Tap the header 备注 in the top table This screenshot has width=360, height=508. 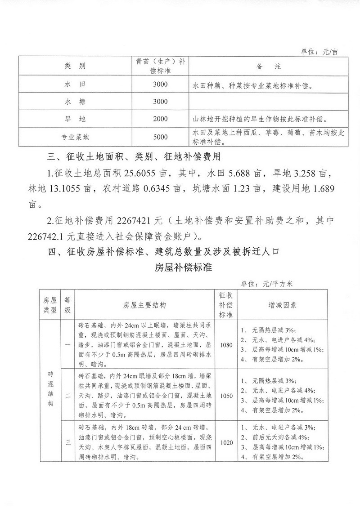tap(269, 66)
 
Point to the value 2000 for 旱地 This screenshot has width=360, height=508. tap(160, 119)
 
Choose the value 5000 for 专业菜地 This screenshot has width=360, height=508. tap(160, 137)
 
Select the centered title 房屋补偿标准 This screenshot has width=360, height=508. tap(180, 267)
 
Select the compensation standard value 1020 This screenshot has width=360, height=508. tap(227, 442)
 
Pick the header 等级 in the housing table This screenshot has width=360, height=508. tap(67, 304)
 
